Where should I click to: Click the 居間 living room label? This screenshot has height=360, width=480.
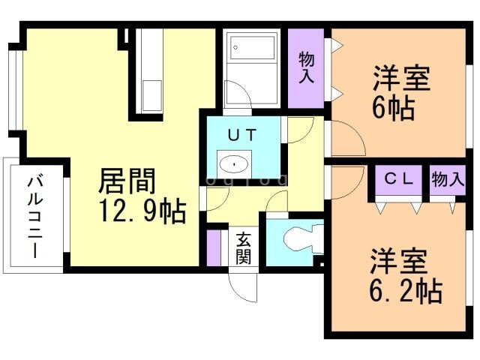point(127,181)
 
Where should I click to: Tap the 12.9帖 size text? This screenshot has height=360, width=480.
point(142,211)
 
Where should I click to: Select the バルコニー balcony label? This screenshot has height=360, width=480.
point(35,217)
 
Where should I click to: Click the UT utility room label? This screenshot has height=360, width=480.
point(242,135)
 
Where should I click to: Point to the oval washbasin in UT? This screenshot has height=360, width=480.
point(234,164)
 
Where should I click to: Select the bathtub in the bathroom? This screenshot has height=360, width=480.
point(253,48)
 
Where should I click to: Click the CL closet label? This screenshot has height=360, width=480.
point(399,179)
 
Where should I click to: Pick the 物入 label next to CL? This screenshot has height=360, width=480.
point(448,179)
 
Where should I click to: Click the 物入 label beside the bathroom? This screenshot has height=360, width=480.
point(307,67)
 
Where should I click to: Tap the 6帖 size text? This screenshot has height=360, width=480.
point(394,109)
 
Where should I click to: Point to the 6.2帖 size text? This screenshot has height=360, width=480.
point(406,290)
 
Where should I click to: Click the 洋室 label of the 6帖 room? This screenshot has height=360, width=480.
point(401,78)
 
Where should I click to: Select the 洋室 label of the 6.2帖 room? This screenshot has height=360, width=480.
point(398,261)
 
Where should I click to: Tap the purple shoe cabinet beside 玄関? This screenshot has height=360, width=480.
point(214,247)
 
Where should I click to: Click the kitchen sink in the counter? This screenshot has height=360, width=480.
point(152,96)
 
